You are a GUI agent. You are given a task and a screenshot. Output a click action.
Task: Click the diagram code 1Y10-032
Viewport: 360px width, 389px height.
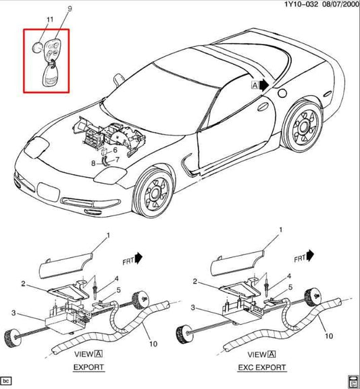point(301,4)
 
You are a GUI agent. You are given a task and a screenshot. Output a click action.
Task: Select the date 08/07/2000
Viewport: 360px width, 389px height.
point(340,4)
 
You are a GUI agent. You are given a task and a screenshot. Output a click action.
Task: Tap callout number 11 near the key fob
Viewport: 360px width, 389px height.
point(50,20)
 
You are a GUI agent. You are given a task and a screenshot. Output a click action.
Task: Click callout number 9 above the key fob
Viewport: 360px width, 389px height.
point(70,9)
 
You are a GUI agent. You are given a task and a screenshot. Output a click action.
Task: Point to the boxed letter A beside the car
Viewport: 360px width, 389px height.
point(255,85)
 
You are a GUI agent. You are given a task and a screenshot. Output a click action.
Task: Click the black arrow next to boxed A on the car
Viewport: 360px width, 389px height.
point(264,85)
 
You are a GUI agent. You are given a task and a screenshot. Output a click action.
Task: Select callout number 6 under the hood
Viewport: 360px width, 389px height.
point(115,150)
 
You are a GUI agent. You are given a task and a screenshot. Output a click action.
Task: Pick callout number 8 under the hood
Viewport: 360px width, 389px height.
point(93,163)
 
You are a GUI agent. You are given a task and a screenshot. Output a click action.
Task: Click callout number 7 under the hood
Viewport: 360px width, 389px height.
point(118,159)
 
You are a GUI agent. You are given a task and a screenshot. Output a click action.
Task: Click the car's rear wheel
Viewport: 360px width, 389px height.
point(303,127)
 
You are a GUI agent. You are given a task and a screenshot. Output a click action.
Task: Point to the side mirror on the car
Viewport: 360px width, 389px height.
point(119,80)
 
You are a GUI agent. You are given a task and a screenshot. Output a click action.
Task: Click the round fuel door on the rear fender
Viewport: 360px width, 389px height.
point(282,93)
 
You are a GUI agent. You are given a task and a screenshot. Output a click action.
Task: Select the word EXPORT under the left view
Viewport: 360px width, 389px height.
point(88,367)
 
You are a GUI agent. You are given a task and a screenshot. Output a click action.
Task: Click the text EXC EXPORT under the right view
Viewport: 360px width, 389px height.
point(262,367)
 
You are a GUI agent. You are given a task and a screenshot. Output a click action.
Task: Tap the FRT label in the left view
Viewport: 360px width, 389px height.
point(128,261)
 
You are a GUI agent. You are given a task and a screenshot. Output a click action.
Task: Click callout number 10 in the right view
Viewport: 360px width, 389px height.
point(329,336)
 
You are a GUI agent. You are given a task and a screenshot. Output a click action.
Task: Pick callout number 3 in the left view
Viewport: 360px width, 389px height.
point(14,313)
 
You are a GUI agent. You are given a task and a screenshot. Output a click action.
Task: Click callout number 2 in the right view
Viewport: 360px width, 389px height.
point(195,282)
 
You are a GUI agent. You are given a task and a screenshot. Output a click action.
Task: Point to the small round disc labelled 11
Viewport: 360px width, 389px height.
point(37,47)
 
